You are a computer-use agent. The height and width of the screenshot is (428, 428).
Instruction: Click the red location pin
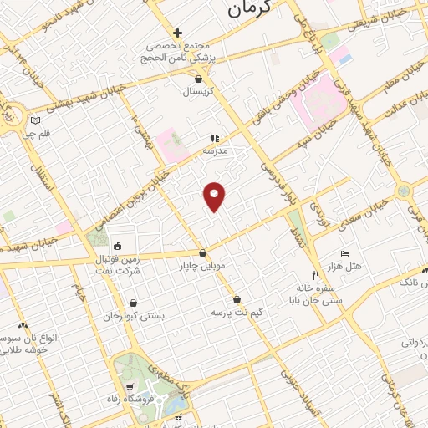(x=215, y=196)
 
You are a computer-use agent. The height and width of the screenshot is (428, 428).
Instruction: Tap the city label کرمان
(x=250, y=10)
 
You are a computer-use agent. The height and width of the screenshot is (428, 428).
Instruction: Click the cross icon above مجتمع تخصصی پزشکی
(x=177, y=32)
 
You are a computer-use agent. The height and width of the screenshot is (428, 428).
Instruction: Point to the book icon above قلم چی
(x=34, y=121)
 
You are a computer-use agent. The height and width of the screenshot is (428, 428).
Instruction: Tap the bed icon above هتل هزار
(x=344, y=252)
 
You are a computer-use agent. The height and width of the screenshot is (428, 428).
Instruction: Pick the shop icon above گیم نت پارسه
(x=237, y=299)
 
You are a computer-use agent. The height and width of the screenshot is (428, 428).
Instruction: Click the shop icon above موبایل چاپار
(x=202, y=252)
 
